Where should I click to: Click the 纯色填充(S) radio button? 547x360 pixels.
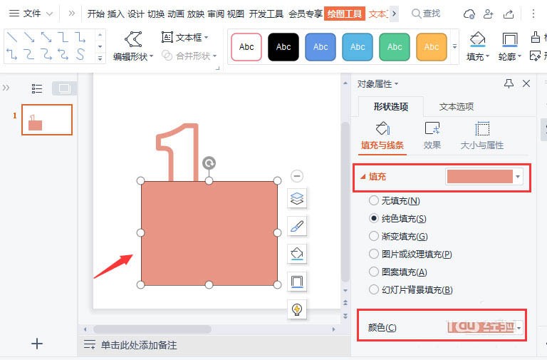pos(374,218)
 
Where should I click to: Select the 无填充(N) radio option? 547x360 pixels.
pos(374,201)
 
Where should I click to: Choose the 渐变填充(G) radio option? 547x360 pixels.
pos(374,236)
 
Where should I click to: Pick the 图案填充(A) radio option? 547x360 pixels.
pos(374,272)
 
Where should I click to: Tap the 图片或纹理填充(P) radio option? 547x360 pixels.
pos(374,254)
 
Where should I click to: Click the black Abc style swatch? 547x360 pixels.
pos(283,47)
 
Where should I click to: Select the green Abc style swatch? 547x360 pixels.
pos(395,47)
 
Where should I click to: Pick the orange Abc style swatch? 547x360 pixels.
pos(432,47)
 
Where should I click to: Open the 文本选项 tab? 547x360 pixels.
pos(457,107)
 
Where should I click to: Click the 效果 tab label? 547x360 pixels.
pos(432,145)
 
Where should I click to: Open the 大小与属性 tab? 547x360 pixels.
pos(482,145)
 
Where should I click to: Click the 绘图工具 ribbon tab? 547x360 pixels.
pos(345,14)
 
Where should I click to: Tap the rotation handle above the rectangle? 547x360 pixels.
pos(209,163)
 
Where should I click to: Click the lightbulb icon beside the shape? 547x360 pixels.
pos(297,309)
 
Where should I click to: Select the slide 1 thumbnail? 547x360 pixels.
pos(47,120)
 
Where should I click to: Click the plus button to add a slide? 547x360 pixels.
pos(38,344)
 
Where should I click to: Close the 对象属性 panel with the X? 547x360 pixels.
pos(526,83)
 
